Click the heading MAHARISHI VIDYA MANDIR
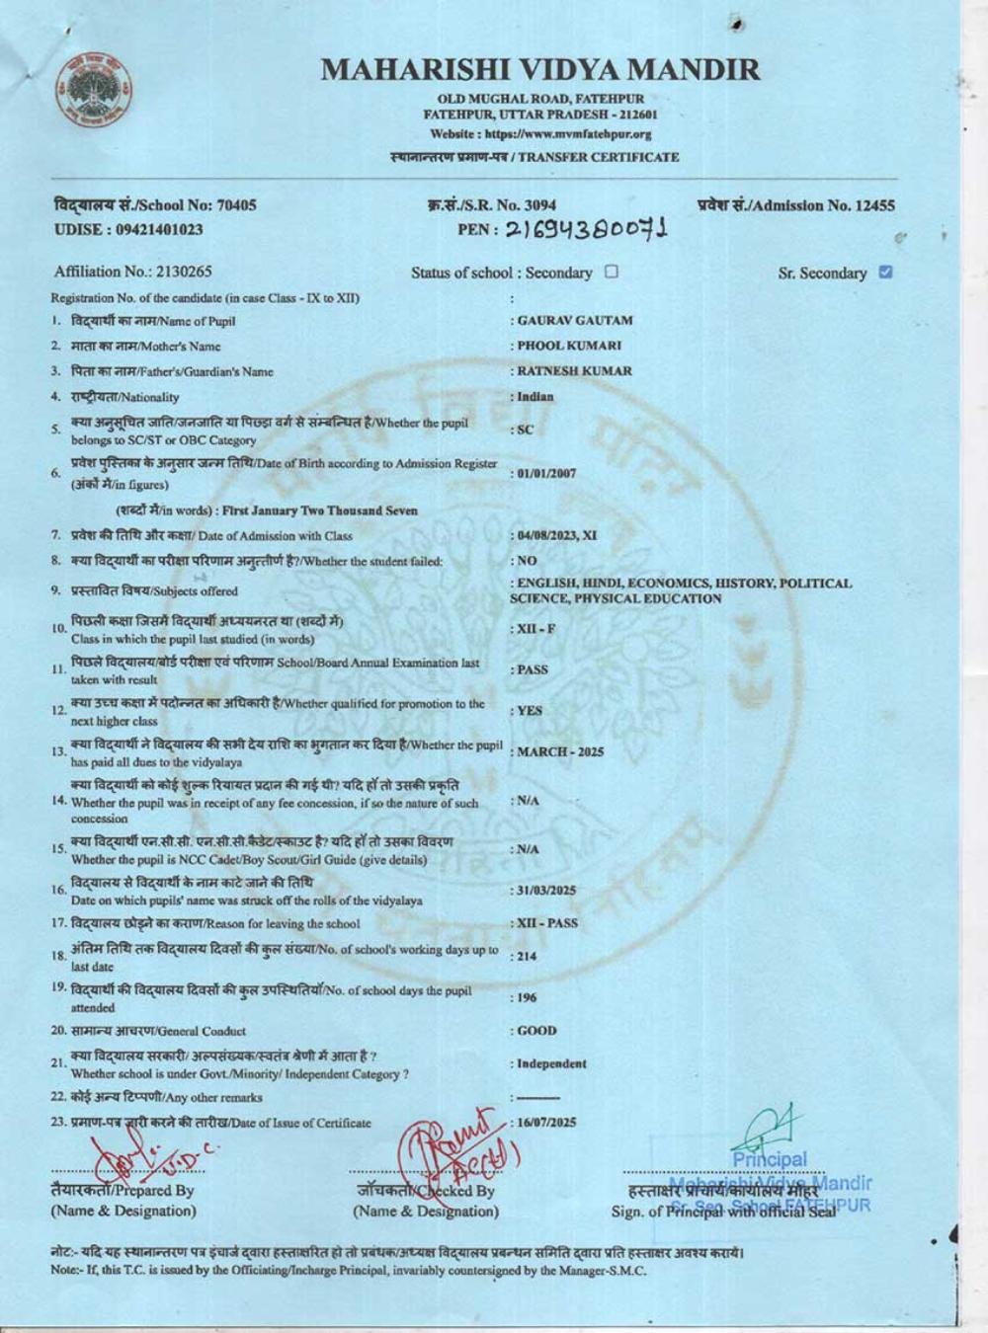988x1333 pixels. [540, 69]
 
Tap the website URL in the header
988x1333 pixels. [540, 134]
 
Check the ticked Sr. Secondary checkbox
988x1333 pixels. [885, 273]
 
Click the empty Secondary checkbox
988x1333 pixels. [612, 272]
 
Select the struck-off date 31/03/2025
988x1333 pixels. [546, 891]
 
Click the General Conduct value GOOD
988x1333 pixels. [537, 1031]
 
